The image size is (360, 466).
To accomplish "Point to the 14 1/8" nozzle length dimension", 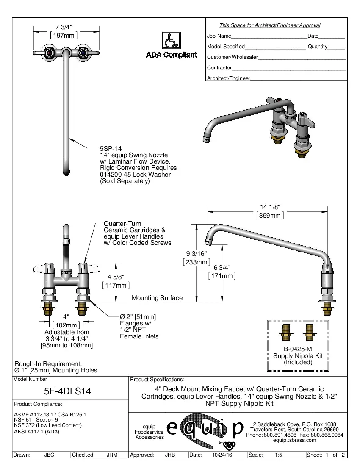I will click(x=270, y=207).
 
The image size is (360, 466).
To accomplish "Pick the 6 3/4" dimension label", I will click(x=222, y=267).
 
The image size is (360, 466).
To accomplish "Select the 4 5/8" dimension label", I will click(x=116, y=277).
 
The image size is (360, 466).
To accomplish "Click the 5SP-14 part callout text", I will click(x=111, y=149).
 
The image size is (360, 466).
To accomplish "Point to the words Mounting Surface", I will click(x=157, y=298).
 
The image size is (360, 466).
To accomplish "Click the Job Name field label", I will click(x=219, y=36).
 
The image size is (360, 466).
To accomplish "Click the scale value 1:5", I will click(x=279, y=455).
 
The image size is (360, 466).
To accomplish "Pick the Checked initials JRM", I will click(x=112, y=455).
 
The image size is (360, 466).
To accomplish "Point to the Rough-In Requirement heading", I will click(x=48, y=363).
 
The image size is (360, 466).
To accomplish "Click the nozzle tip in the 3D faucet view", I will click(x=207, y=138).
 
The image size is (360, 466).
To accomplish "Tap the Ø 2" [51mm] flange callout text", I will click(x=138, y=317).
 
